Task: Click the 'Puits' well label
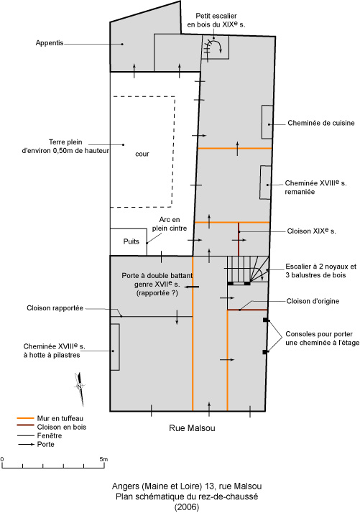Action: coord(131,241)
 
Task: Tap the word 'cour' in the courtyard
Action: coord(142,154)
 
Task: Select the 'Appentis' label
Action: coord(50,43)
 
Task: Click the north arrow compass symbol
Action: coord(80,389)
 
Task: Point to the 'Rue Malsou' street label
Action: coord(192,428)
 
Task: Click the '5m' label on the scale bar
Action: coord(103,459)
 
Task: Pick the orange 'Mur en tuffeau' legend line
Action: coord(25,418)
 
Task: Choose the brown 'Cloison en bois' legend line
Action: coord(25,425)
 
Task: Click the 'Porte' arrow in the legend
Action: coord(26,444)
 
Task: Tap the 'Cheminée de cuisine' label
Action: coord(321,123)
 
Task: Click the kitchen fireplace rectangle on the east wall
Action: coord(267,122)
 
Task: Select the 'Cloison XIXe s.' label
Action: coord(311,231)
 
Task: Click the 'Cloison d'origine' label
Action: coord(313,301)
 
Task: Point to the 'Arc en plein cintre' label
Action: coord(169,224)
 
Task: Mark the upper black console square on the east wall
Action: coord(265,320)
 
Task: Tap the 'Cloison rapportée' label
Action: coord(55,308)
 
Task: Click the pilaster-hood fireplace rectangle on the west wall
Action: coord(114,347)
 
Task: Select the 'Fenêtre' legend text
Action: coord(50,435)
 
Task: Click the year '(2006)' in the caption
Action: coord(187,507)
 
